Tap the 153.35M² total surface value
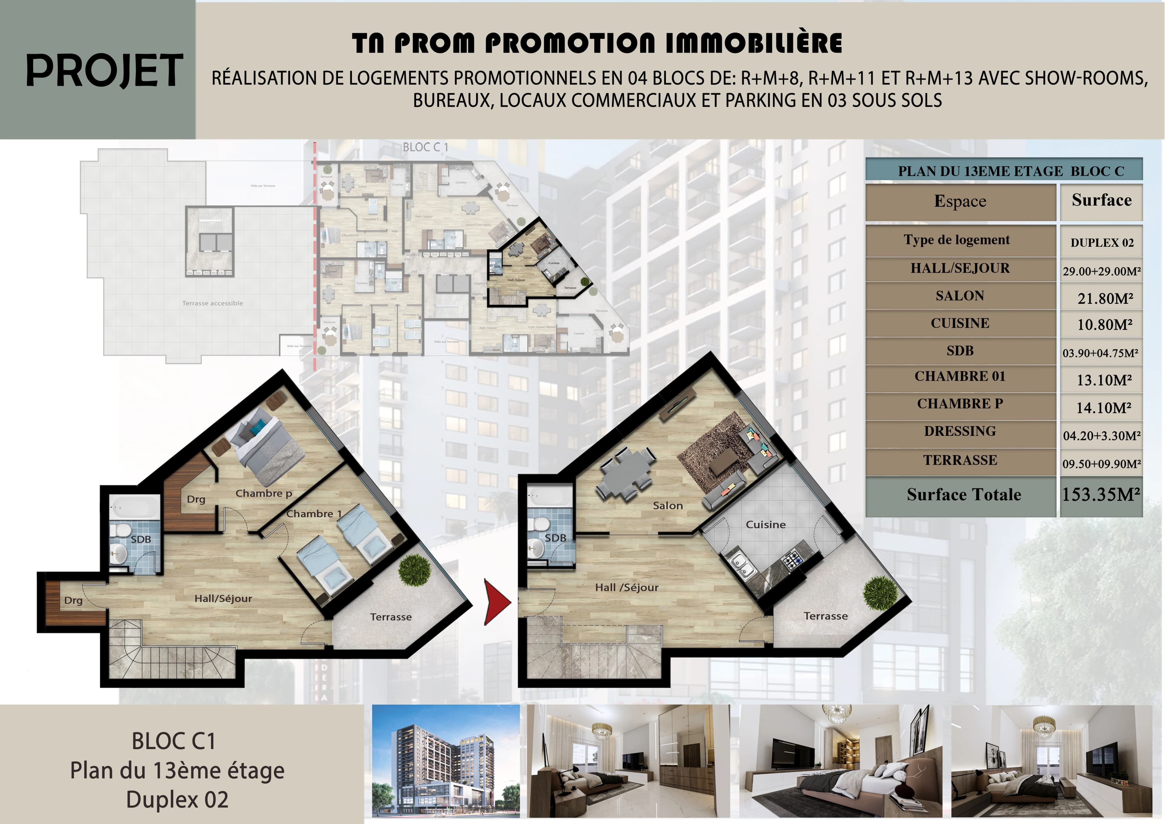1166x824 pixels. (1101, 494)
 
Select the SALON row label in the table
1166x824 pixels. (960, 296)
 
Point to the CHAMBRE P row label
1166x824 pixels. (960, 404)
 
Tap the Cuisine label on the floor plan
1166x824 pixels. (765, 524)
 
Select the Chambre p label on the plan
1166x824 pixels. (264, 493)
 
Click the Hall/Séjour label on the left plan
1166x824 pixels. (223, 599)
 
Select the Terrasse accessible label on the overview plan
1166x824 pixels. (212, 303)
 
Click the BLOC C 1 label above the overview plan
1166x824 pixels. (425, 147)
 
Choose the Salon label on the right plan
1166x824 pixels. (667, 506)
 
